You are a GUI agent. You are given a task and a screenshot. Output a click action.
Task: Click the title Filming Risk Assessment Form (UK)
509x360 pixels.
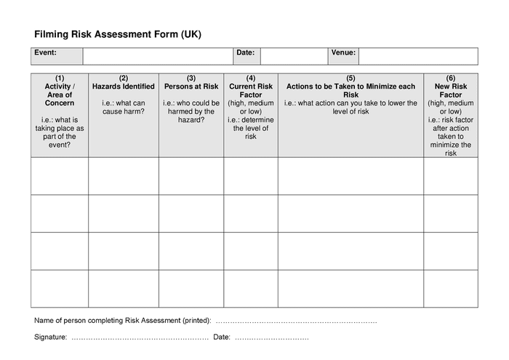[x=118, y=34]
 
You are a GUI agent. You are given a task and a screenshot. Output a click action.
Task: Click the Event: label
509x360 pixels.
[x=45, y=52]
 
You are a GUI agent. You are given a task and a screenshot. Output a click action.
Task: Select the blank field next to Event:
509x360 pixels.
[x=158, y=56]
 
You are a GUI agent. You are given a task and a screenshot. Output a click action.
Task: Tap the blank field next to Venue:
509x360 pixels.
[x=418, y=56]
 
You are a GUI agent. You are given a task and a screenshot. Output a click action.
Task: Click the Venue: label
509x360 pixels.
[x=343, y=52]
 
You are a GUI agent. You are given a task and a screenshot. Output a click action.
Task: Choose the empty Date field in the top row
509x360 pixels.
[x=293, y=56]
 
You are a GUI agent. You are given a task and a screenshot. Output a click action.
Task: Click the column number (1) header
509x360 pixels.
[x=60, y=78]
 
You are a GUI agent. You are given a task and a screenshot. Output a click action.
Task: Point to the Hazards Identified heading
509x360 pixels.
[x=124, y=87]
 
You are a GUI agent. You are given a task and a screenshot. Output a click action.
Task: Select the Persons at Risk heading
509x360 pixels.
[x=191, y=87]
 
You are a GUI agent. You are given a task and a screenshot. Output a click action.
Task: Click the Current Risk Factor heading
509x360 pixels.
[x=251, y=90]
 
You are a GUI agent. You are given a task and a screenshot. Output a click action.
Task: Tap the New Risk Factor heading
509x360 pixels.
[x=451, y=90]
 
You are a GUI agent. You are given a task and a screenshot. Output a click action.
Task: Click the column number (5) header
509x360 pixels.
[x=350, y=78]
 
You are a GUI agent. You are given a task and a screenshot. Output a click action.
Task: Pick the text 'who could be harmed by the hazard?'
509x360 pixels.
[x=191, y=111]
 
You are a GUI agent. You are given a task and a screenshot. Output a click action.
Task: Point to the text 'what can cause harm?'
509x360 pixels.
[x=124, y=107]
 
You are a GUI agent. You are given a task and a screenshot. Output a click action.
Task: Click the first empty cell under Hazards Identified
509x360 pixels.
[x=124, y=176]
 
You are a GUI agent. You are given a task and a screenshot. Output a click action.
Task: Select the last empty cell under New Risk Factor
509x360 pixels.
[x=451, y=288]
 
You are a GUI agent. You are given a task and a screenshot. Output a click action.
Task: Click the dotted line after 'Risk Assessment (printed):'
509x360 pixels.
[x=297, y=321]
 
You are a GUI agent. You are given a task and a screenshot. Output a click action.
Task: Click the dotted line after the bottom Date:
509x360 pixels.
[x=272, y=338]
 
